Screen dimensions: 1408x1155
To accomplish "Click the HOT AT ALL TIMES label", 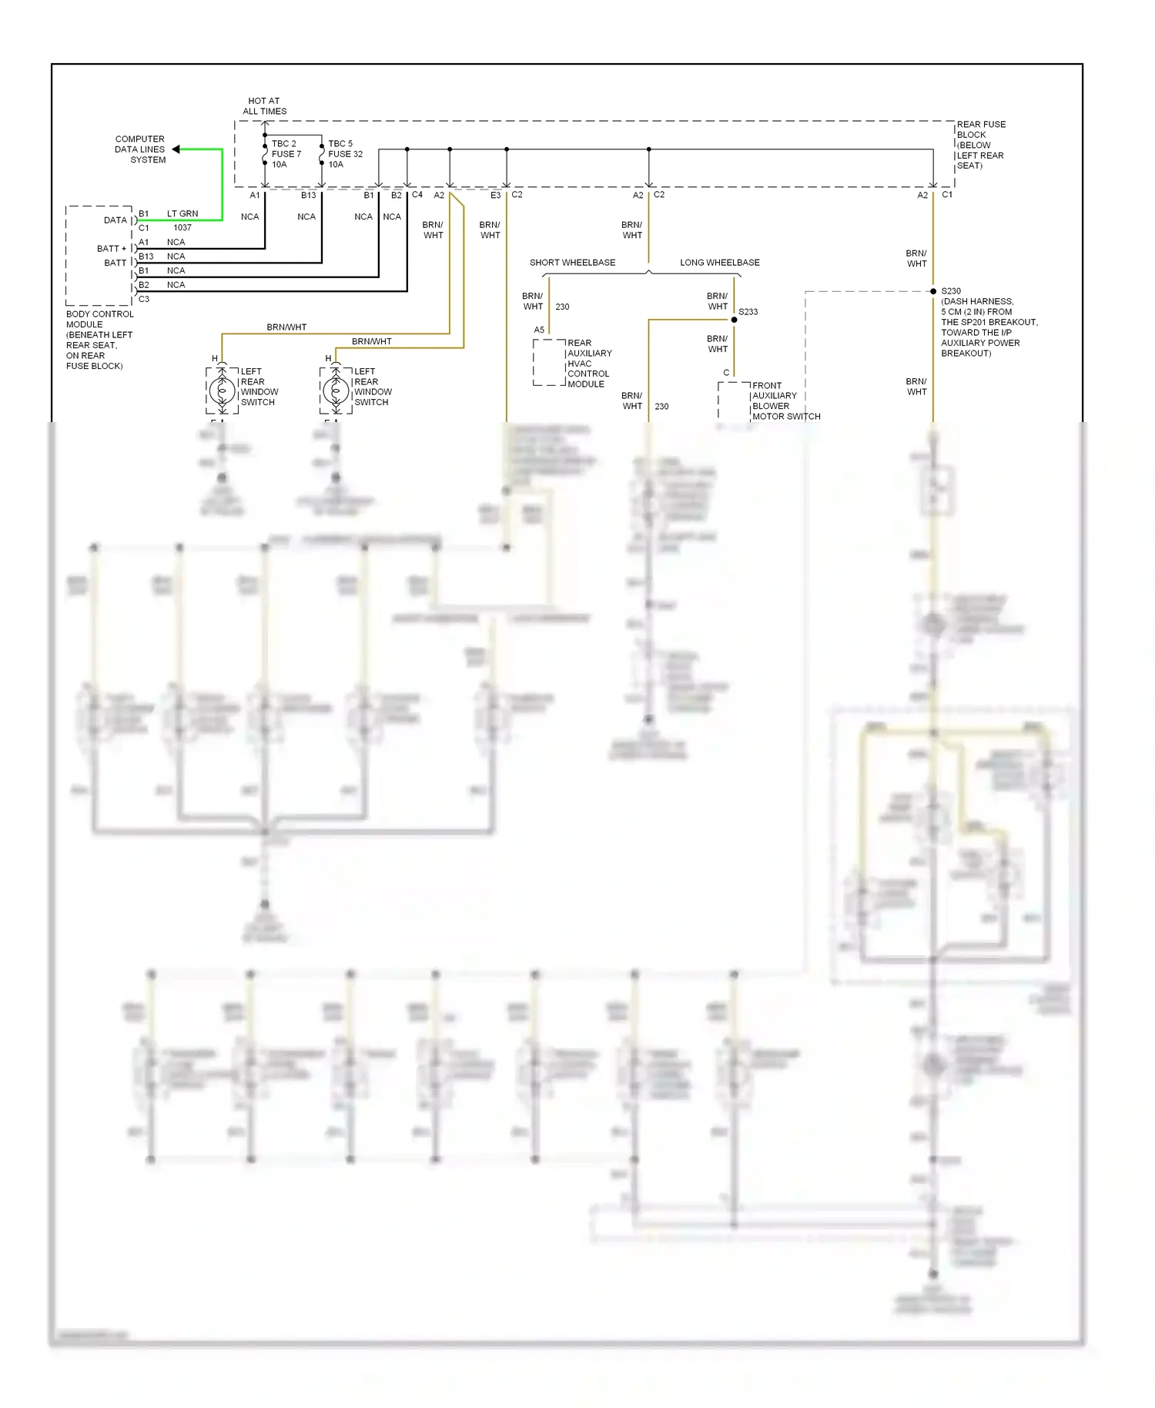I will (x=264, y=106).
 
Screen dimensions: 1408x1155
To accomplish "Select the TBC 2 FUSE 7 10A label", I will (x=286, y=154).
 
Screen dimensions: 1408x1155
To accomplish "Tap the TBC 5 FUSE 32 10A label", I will (x=344, y=154).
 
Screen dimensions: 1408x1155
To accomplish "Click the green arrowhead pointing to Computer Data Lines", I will (x=176, y=149).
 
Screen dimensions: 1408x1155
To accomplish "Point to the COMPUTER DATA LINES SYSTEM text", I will (x=140, y=149).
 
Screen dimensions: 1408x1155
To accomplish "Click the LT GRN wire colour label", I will (x=182, y=213).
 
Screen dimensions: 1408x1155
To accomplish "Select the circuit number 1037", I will (x=182, y=228).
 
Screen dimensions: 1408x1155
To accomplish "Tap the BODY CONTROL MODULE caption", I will (x=99, y=340).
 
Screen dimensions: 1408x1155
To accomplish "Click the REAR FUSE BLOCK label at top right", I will (x=980, y=145).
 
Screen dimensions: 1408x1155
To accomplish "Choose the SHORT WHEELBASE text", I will (x=572, y=263).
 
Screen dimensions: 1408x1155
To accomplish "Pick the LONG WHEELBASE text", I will (x=719, y=263).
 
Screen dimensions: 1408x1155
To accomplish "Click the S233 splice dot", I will (x=734, y=320).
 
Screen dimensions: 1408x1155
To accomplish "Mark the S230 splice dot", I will (x=933, y=291).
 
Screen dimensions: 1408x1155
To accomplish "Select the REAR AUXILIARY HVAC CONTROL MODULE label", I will (x=589, y=364).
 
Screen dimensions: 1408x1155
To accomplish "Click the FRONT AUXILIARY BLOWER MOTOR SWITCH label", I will (x=785, y=401).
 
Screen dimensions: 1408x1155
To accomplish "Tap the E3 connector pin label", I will (x=495, y=196).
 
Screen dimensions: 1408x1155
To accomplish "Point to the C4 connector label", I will (x=417, y=195).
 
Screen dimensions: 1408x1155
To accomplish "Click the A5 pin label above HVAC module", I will (x=539, y=330).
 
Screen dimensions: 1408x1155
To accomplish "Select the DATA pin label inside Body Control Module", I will (x=115, y=220).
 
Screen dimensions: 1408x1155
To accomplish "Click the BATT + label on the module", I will (x=112, y=249).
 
